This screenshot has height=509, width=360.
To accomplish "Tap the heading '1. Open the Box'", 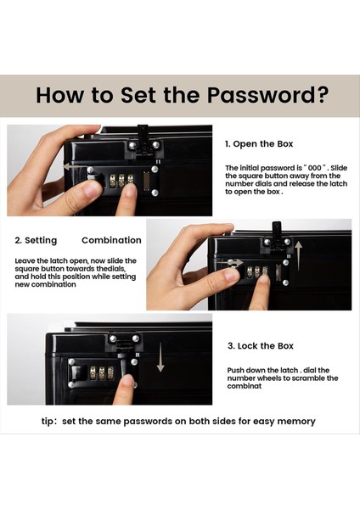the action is click(259, 144).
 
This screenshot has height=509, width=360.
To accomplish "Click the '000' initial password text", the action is click(314, 168).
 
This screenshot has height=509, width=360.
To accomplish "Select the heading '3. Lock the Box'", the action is click(261, 346).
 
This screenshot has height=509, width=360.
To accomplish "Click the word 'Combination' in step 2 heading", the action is click(111, 240).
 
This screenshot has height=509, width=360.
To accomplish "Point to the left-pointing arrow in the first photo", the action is click(77, 167).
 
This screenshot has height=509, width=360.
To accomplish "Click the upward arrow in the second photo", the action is click(299, 255).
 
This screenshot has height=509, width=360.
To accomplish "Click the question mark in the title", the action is click(321, 95).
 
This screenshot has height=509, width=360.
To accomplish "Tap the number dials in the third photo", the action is click(102, 373).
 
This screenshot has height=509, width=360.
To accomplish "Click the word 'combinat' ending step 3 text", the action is click(244, 386).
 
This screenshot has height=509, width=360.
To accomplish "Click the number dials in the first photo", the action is click(121, 181).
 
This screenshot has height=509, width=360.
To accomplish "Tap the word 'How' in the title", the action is click(59, 95).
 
